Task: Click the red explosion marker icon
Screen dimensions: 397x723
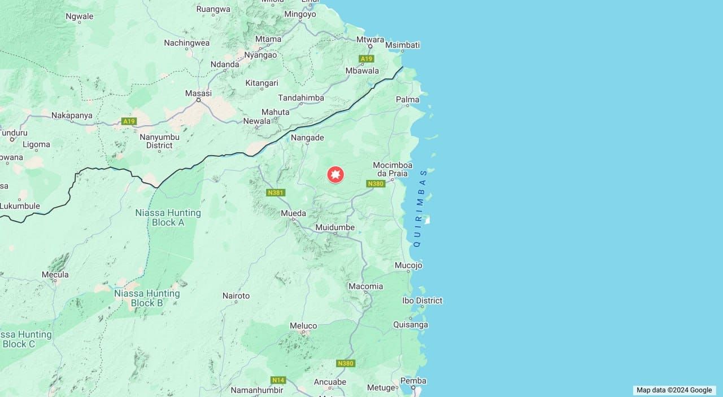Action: [x=336, y=175]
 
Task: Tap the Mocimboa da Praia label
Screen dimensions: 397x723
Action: [x=392, y=169]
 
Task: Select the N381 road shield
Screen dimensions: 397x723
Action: [x=276, y=193]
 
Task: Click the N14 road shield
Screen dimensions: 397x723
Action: [x=278, y=380]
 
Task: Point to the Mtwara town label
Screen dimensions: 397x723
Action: [x=370, y=40]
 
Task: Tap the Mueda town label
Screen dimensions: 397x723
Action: [x=294, y=213]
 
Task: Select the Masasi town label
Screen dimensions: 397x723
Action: [x=198, y=93]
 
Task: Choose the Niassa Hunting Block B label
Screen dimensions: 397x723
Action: [x=147, y=298]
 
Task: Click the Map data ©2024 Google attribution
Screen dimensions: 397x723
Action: [x=674, y=390]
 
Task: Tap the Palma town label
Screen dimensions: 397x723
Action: [x=408, y=100]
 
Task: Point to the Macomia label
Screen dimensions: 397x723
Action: [x=365, y=286]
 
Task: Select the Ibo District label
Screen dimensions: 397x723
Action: [x=422, y=301]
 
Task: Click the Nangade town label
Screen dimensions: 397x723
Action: [x=307, y=138]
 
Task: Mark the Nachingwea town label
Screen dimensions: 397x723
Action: [x=186, y=43]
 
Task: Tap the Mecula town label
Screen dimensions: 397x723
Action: [x=55, y=275]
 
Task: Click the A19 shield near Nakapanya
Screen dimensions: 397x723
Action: [x=129, y=121]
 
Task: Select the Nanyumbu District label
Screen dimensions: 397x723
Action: [x=159, y=141]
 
